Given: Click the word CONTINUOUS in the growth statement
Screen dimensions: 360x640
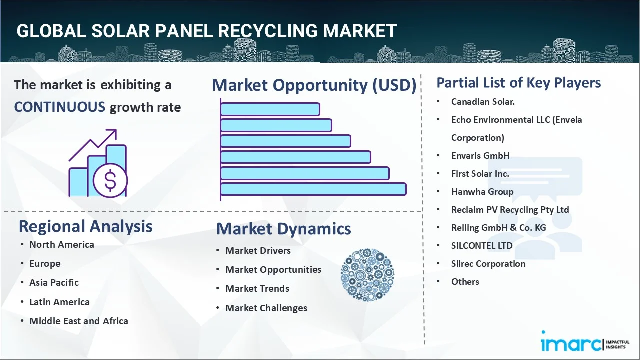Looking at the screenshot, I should (x=59, y=107).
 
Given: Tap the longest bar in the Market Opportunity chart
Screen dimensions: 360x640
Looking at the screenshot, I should (x=313, y=189).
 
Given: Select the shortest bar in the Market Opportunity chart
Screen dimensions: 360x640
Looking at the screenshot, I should (x=270, y=109).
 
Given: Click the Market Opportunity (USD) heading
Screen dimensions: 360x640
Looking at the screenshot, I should (x=314, y=85).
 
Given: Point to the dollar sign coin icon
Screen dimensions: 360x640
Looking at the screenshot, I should (x=110, y=181).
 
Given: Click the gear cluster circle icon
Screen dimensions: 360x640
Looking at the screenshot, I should (x=367, y=275).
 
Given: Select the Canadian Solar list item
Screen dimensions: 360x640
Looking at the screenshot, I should (x=483, y=101).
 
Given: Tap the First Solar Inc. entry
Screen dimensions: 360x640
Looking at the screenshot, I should (x=480, y=173).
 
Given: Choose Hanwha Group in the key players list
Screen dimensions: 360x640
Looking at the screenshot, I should (x=482, y=191).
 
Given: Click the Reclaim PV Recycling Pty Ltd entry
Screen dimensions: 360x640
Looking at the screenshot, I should (x=510, y=209).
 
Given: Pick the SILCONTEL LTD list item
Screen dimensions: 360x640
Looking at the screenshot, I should (x=482, y=245).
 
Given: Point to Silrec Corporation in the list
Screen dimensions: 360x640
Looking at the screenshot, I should (x=488, y=263).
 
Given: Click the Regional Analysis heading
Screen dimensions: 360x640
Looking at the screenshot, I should (x=85, y=226).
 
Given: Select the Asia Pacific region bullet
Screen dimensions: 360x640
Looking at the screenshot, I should (x=54, y=282).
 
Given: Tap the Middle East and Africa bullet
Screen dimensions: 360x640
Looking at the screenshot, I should (x=78, y=321).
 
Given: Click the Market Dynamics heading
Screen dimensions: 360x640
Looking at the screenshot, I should (x=283, y=229).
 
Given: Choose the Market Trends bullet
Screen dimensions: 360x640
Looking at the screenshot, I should (x=257, y=288).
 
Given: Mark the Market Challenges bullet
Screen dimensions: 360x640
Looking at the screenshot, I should (x=266, y=308).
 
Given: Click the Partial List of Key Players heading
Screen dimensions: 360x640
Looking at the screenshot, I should (x=518, y=83).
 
